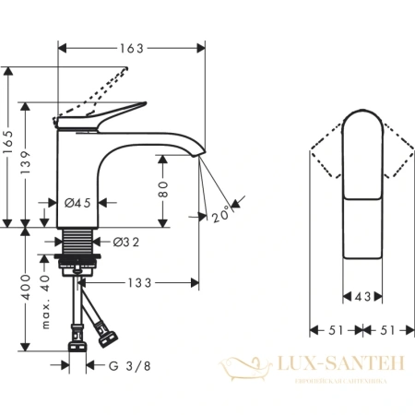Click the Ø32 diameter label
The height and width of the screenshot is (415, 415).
click(x=125, y=243)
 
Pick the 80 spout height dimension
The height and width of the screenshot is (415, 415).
click(x=164, y=190)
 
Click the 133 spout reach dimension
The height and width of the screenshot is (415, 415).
click(x=139, y=281)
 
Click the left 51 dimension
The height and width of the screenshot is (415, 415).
click(x=332, y=327)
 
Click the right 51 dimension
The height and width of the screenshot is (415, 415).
click(x=381, y=327)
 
